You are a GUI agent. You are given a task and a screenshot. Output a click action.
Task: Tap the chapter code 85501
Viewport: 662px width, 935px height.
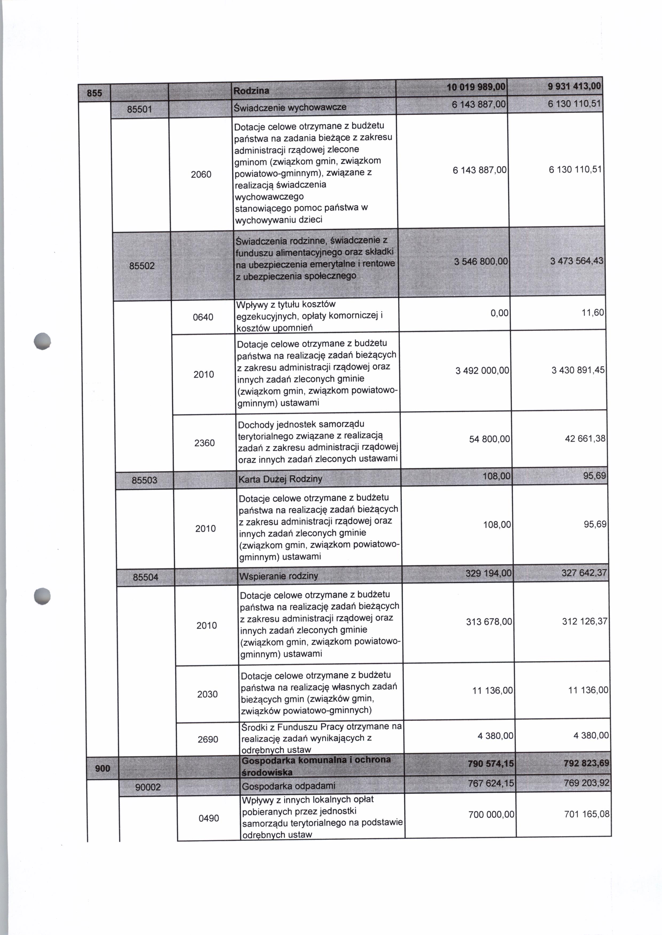(x=139, y=110)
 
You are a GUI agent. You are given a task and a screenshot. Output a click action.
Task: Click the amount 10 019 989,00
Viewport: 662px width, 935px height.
(x=476, y=87)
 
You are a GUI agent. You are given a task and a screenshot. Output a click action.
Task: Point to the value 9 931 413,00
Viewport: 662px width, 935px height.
(x=575, y=86)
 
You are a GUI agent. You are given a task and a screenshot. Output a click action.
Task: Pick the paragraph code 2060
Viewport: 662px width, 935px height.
(x=201, y=175)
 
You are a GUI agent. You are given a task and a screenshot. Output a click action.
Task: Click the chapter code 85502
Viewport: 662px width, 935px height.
(x=142, y=266)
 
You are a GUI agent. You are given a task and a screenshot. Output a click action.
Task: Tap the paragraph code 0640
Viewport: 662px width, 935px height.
(x=203, y=317)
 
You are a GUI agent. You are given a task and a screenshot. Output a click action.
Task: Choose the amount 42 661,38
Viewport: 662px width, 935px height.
(x=585, y=439)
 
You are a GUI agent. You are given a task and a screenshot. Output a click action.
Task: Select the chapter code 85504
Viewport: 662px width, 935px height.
(x=145, y=577)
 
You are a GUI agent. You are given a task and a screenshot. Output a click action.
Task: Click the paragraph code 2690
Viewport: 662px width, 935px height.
(x=208, y=740)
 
